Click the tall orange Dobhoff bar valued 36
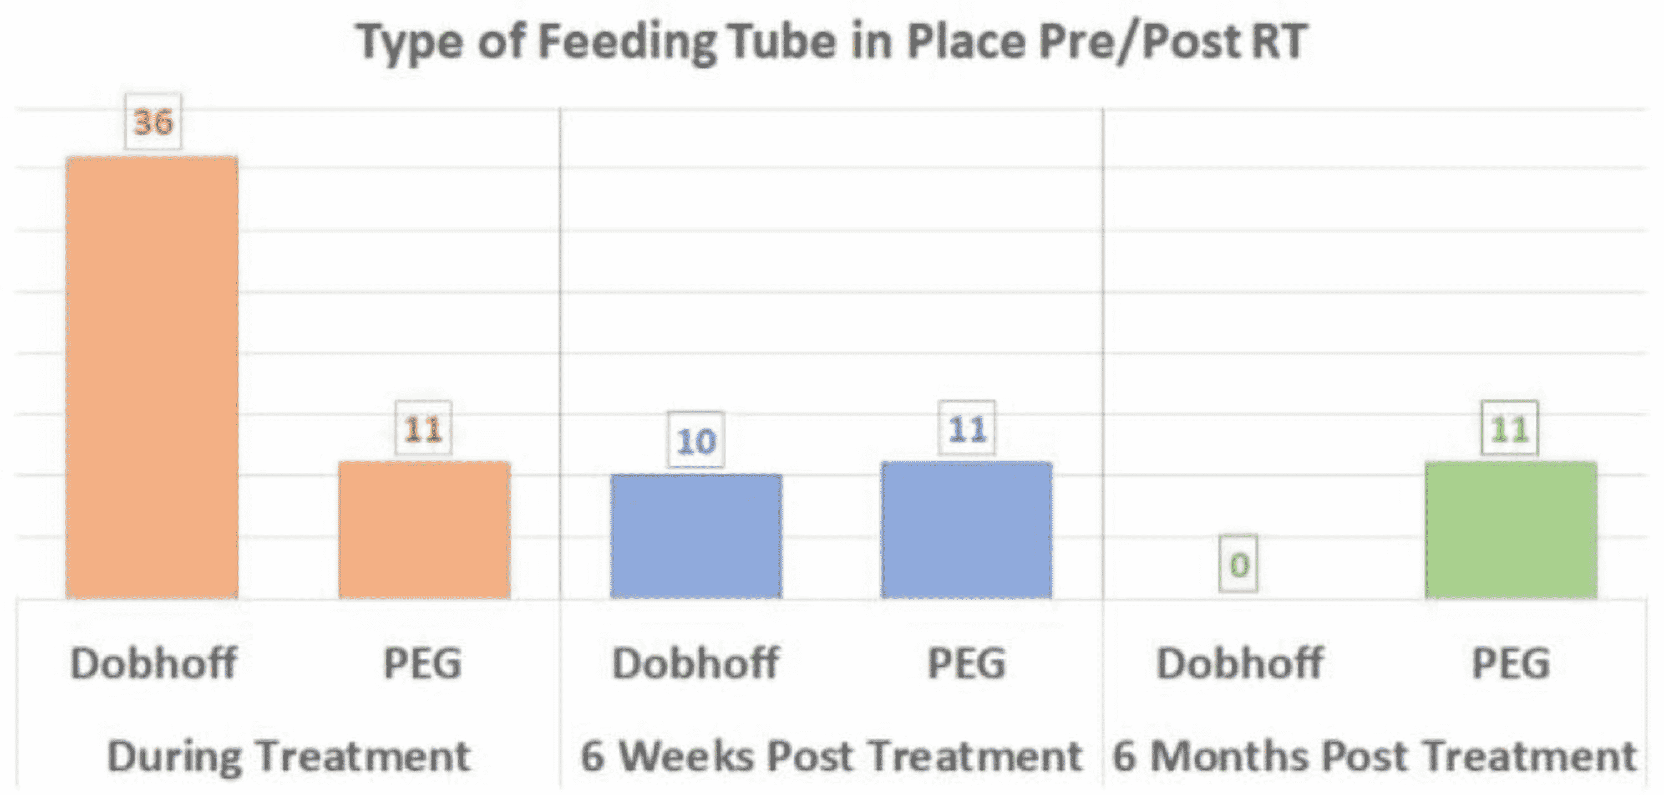[153, 378]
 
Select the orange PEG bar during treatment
[424, 529]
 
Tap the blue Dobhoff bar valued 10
[696, 536]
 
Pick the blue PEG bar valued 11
[967, 529]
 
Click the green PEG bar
[1511, 529]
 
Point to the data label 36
[153, 122]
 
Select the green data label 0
[1239, 564]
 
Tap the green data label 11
[1510, 429]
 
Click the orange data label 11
[424, 429]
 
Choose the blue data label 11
[967, 429]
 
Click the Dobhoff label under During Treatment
[154, 663]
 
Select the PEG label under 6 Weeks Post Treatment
[967, 663]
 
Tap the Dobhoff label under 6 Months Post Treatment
[1240, 663]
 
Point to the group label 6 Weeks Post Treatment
[831, 756]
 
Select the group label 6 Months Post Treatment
[1374, 756]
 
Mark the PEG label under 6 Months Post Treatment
[1511, 663]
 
